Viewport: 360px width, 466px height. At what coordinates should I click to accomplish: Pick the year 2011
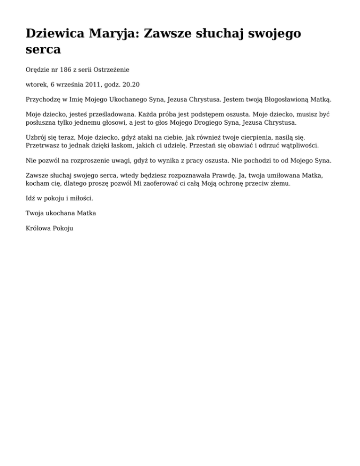[x=93, y=84]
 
